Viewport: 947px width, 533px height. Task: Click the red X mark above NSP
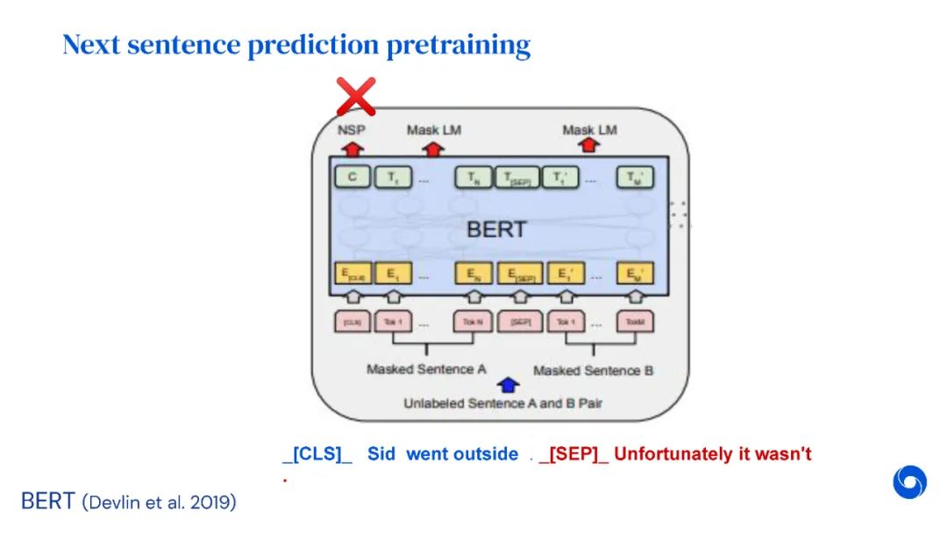coord(356,96)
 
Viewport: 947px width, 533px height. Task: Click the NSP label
coord(352,130)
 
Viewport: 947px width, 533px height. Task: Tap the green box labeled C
coord(352,178)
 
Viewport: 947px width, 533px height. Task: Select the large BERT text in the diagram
coord(496,230)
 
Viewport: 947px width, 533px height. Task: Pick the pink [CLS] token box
coord(352,322)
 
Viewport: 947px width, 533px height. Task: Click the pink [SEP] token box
coord(519,322)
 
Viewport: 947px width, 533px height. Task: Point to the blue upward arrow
coord(508,385)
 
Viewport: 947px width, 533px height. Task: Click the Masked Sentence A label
coord(426,369)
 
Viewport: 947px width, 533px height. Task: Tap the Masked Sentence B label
coord(593,370)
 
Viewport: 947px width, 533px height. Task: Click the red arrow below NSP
coord(352,148)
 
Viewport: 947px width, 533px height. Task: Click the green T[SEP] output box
coord(518,178)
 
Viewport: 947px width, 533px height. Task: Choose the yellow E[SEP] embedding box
coord(519,274)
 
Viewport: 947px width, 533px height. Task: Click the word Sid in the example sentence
coord(381,454)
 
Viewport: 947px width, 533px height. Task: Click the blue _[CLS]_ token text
coord(317,454)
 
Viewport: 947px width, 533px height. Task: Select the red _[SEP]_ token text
coord(573,454)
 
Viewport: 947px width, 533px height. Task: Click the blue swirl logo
coord(909,482)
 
